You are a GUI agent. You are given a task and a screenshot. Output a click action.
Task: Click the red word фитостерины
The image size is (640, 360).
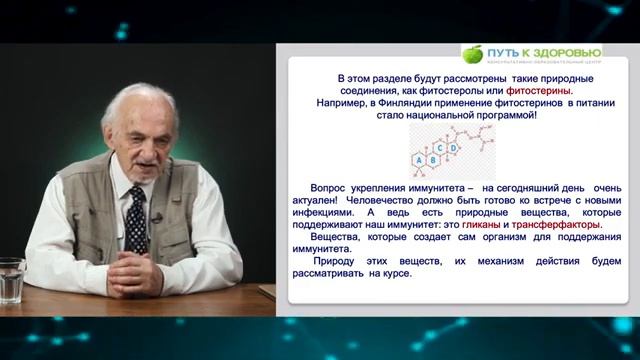point(546,90)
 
